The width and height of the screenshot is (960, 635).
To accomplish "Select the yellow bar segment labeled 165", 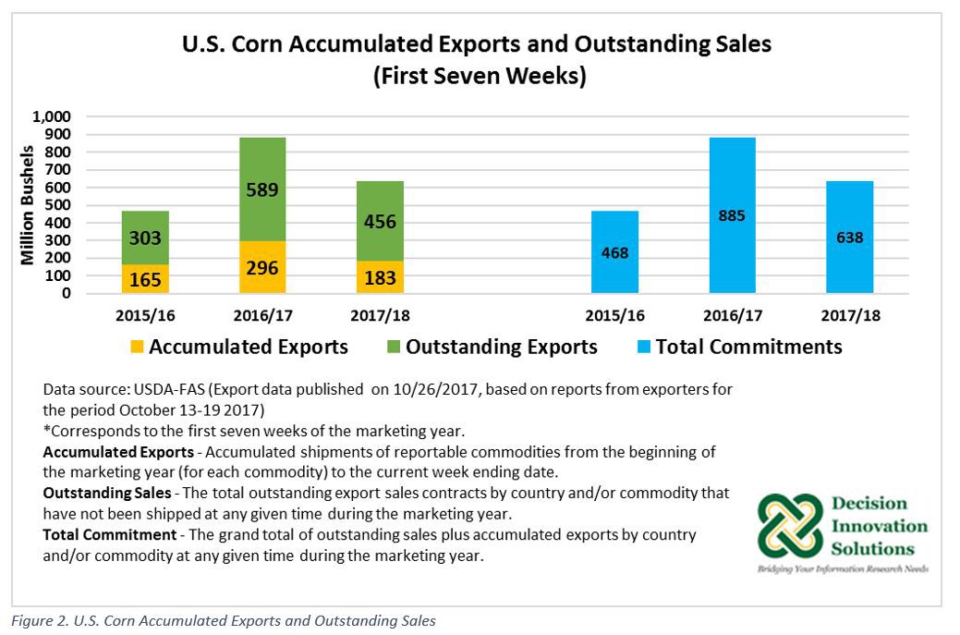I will click(145, 278).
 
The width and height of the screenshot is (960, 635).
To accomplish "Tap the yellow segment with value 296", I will click(261, 267).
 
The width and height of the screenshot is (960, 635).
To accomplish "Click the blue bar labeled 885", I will click(733, 215).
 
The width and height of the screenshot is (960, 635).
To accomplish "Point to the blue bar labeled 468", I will click(614, 251).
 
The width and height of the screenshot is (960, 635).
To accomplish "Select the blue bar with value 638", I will click(849, 237).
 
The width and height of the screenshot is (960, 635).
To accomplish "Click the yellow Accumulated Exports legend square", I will click(137, 348).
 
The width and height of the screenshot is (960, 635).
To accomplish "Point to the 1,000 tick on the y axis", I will click(52, 117).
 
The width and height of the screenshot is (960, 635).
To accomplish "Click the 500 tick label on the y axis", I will click(58, 205).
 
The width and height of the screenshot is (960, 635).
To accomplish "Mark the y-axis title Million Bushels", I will click(28, 205).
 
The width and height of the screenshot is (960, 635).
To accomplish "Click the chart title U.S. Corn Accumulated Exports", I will click(480, 43).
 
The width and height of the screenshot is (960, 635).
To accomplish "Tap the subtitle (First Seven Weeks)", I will click(480, 75).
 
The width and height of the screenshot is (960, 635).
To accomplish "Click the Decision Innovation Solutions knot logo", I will click(790, 525).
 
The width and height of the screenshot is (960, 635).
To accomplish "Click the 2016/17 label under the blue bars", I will click(733, 315).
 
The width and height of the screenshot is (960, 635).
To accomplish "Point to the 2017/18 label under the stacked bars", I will click(380, 315).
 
